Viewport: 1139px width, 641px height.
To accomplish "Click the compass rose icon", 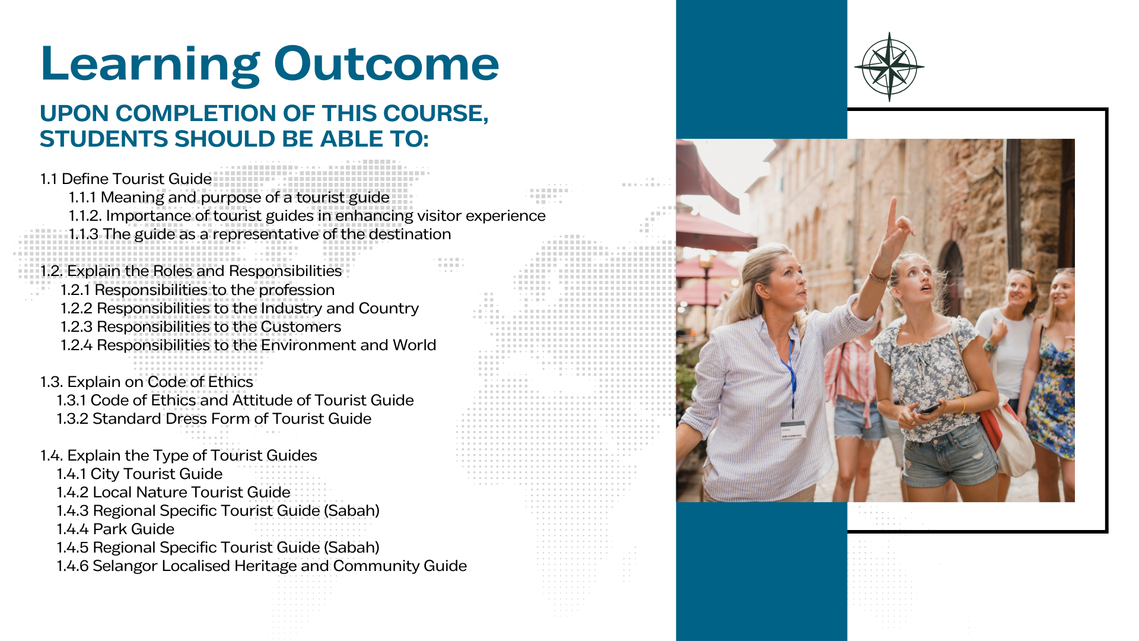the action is pyautogui.click(x=889, y=67).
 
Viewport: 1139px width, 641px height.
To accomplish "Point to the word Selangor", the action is pyautogui.click(x=125, y=566).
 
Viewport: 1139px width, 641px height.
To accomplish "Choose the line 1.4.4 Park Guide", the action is pyautogui.click(x=116, y=529).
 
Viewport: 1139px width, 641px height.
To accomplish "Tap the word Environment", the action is pyautogui.click(x=308, y=345).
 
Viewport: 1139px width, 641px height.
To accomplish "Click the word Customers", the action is pyautogui.click(x=301, y=326).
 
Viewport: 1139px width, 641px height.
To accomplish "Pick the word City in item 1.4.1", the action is pyautogui.click(x=104, y=474).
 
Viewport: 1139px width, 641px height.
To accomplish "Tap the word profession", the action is pyautogui.click(x=297, y=290).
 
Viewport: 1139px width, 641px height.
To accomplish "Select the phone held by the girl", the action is pyautogui.click(x=929, y=409).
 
